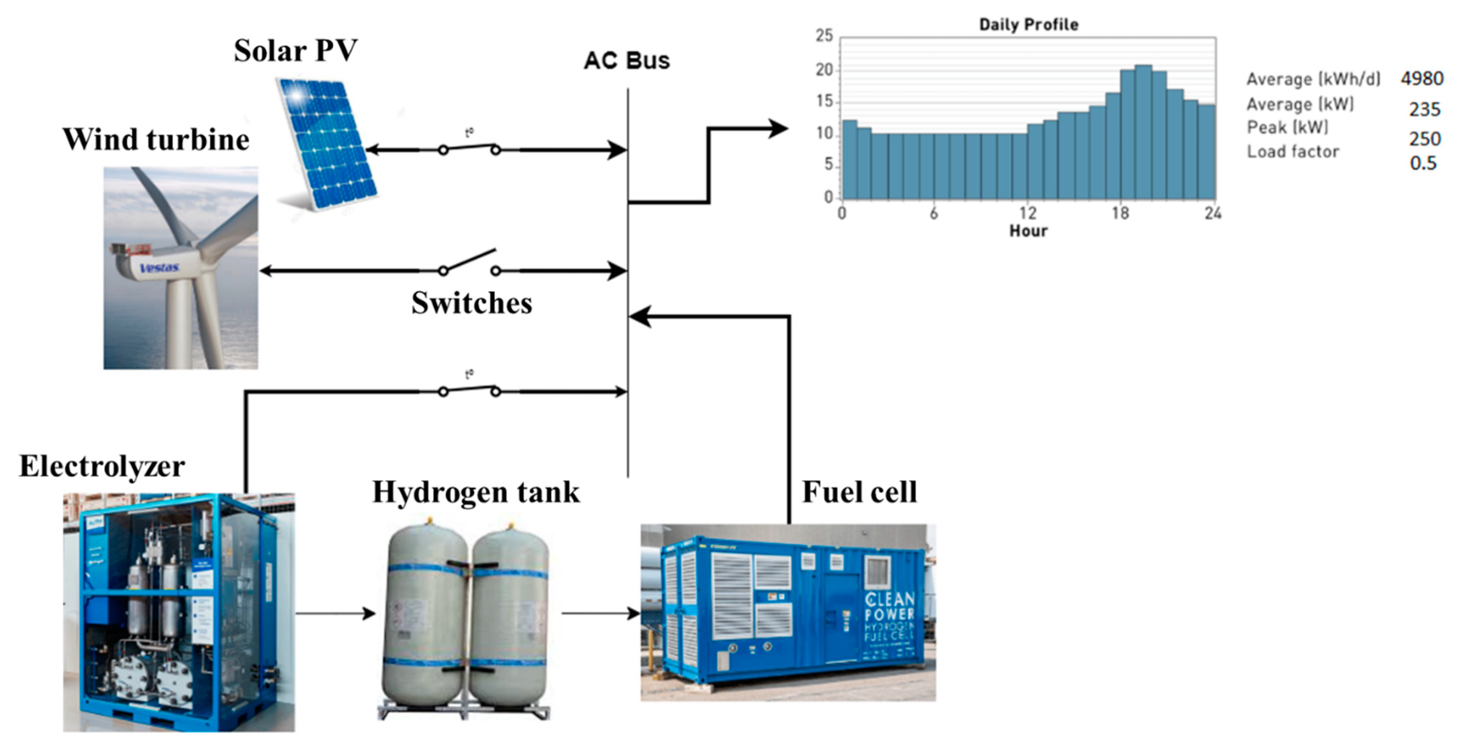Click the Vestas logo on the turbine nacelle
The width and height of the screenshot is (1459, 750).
pyautogui.click(x=160, y=267)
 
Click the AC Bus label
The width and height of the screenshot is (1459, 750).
pyautogui.click(x=627, y=61)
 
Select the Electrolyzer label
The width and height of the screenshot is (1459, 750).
pyautogui.click(x=102, y=466)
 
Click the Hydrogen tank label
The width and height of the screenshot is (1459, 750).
pyautogui.click(x=476, y=492)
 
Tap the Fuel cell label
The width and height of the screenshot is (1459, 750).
pyautogui.click(x=859, y=492)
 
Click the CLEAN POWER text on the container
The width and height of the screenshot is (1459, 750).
pyautogui.click(x=889, y=606)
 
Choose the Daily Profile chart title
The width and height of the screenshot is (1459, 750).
pyautogui.click(x=1028, y=24)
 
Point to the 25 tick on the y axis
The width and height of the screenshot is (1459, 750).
pyautogui.click(x=824, y=36)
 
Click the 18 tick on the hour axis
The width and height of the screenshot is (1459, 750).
pyautogui.click(x=1120, y=213)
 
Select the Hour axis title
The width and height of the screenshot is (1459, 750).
pyautogui.click(x=1028, y=231)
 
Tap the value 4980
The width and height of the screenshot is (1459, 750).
pyautogui.click(x=1422, y=78)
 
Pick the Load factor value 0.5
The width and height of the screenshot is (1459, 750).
pyautogui.click(x=1423, y=164)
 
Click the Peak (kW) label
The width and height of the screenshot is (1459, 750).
pyautogui.click(x=1287, y=127)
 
